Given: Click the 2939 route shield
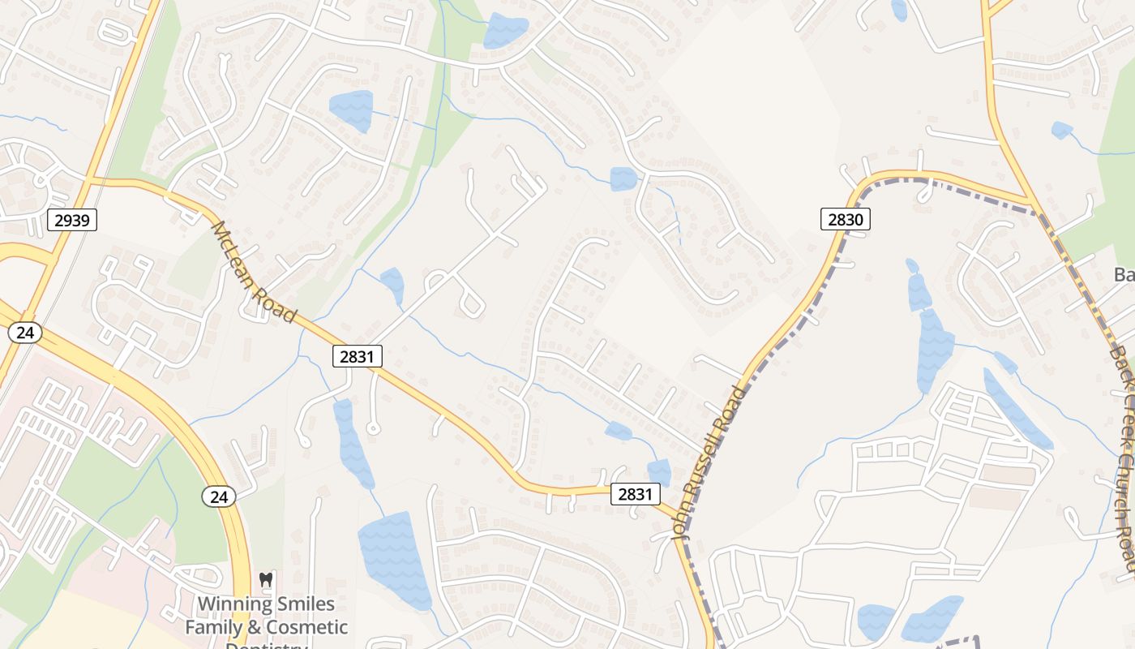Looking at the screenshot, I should tap(72, 219).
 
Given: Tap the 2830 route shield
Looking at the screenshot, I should tap(846, 218).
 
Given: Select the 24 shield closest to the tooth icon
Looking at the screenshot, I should tap(219, 496).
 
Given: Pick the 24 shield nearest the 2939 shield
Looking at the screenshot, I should tap(25, 332).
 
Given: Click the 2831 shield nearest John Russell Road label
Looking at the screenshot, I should tap(636, 494).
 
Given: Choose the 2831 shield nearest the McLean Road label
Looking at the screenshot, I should tap(357, 356).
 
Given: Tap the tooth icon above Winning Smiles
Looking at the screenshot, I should tap(265, 580).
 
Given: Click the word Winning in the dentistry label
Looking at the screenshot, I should tap(232, 604).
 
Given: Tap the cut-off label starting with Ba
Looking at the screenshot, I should tap(1124, 275).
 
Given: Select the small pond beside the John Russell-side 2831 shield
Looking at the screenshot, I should tap(659, 471).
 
